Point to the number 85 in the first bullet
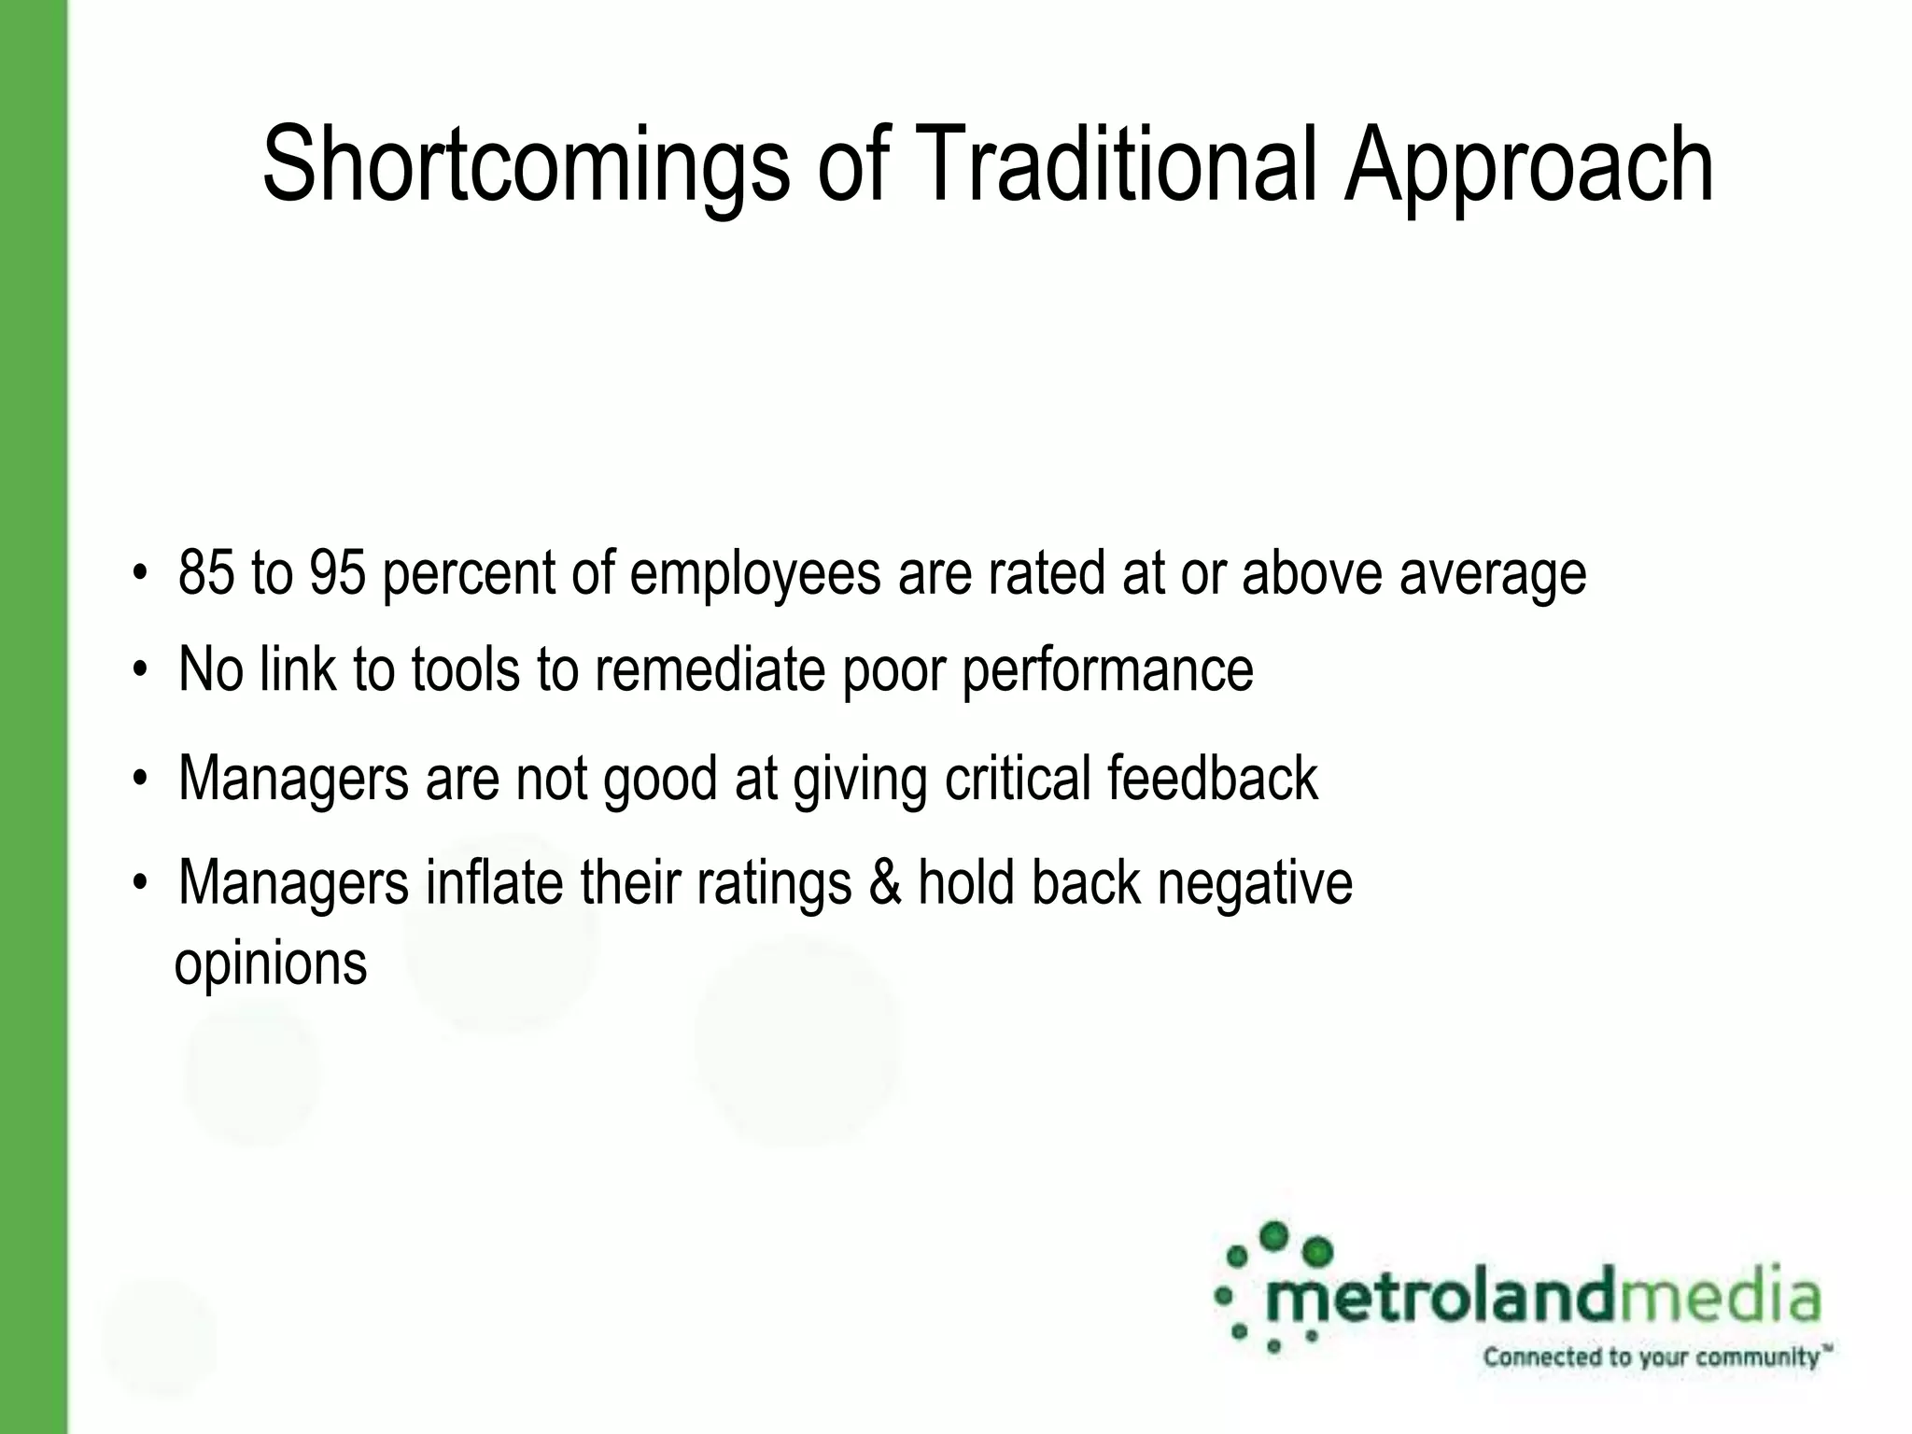pyautogui.click(x=205, y=572)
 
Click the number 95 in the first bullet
pyautogui.click(x=337, y=572)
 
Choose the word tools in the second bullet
pyautogui.click(x=465, y=669)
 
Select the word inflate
pyautogui.click(x=494, y=882)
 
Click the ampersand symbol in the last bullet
pyautogui.click(x=884, y=883)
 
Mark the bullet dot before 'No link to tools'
pyautogui.click(x=140, y=669)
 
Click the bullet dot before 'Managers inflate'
pyautogui.click(x=140, y=882)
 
